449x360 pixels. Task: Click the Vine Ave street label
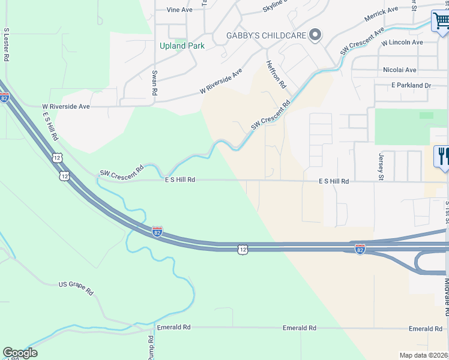click(179, 10)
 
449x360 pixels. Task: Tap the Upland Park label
click(182, 46)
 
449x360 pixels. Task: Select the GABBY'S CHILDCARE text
click(266, 35)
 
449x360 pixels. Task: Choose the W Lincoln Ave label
click(402, 43)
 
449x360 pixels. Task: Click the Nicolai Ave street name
click(399, 70)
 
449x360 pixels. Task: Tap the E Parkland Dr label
click(411, 86)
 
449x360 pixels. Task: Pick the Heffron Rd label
click(276, 74)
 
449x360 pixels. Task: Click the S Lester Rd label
click(6, 44)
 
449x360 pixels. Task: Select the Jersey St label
click(381, 166)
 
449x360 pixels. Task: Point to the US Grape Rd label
click(76, 288)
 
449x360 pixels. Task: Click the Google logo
click(20, 353)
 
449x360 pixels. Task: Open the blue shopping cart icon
click(441, 21)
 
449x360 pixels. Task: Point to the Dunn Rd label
click(151, 347)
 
